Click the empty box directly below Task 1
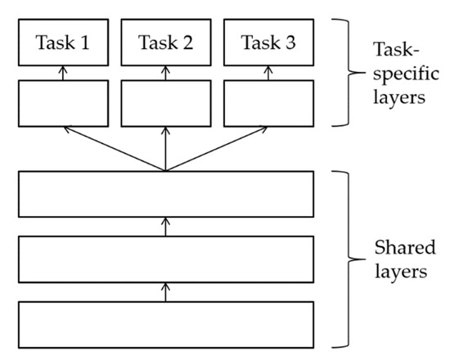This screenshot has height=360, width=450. [62, 103]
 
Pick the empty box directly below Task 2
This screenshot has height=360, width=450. [166, 103]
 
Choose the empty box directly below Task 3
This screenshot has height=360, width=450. [269, 103]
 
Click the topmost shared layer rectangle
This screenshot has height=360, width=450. [166, 195]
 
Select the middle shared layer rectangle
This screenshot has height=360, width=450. [166, 259]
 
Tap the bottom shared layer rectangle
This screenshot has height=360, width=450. [166, 324]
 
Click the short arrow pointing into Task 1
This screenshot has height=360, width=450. [62, 73]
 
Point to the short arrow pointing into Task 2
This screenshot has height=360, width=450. [166, 73]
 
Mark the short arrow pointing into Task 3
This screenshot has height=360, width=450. [269, 73]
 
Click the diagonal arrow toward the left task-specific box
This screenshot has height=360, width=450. [115, 149]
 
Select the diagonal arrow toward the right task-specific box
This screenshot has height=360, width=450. [218, 149]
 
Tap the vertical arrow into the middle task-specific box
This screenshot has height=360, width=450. [166, 149]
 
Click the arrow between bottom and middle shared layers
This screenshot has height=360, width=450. [166, 292]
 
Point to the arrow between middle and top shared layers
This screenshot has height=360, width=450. [166, 227]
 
